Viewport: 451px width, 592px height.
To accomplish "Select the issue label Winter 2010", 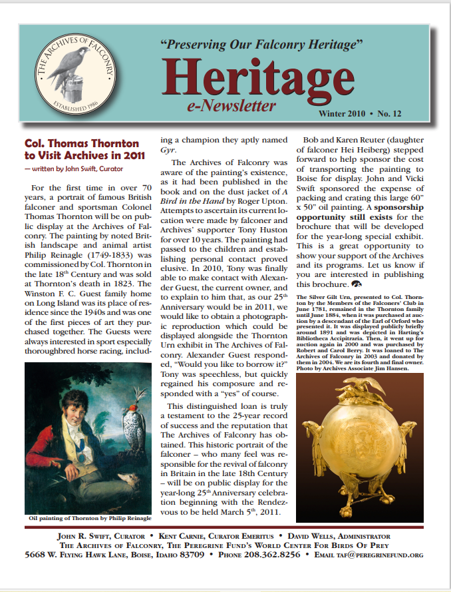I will (345, 114).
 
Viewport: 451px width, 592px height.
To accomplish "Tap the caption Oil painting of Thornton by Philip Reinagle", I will (90, 517).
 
